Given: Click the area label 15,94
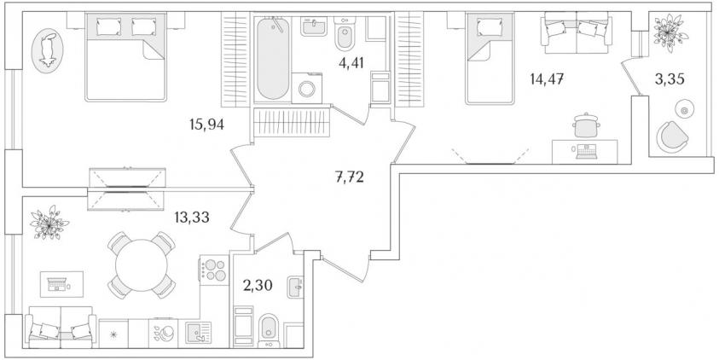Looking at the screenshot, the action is [x=206, y=124].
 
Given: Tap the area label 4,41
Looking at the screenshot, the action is [x=351, y=63].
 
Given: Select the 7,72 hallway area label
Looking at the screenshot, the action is [x=350, y=177].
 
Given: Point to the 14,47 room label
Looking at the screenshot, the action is [x=547, y=79].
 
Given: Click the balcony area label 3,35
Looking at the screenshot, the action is [x=670, y=79].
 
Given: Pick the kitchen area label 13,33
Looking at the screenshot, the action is [x=192, y=217].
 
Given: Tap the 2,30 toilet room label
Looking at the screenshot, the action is [x=258, y=286].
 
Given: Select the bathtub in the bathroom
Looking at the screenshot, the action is [x=273, y=58].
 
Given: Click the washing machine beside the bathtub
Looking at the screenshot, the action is [x=307, y=88].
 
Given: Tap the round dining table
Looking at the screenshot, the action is [x=142, y=265].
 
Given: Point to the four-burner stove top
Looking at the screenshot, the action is [x=214, y=270].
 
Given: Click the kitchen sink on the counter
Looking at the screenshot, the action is [x=199, y=333].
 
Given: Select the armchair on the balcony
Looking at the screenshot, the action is [x=672, y=136].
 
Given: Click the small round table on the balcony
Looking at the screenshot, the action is [x=684, y=110].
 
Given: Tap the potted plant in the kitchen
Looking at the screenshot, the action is [x=49, y=223].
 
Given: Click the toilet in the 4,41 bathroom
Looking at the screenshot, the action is [x=344, y=33].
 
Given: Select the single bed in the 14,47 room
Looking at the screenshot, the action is [x=490, y=59].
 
